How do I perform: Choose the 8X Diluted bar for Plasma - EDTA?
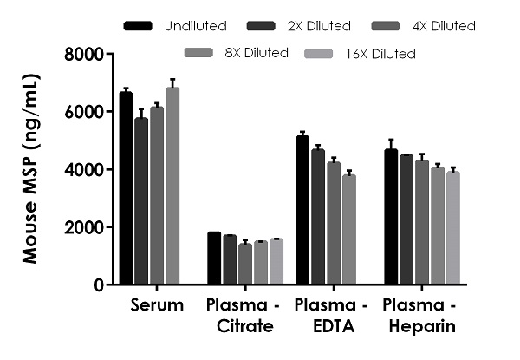pos(348,230)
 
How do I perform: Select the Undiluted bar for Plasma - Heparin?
pos(391,217)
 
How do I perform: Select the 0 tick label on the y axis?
pos(99,285)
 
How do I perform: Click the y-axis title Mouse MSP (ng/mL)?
pos(29,170)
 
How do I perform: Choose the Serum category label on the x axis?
pos(157,305)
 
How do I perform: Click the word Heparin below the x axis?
pos(419,326)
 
